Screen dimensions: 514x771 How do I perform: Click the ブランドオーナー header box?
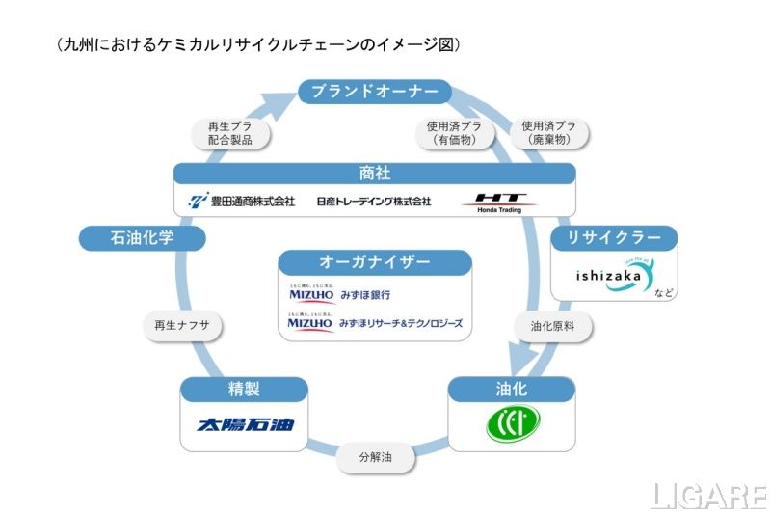point(375,92)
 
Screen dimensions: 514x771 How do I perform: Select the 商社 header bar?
point(375,174)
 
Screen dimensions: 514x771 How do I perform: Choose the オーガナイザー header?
point(375,262)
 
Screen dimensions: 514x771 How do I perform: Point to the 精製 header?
point(244,390)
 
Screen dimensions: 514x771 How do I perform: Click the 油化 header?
point(512,390)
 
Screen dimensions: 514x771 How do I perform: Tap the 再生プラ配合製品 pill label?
point(229,133)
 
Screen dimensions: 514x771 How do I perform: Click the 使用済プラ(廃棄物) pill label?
point(549,133)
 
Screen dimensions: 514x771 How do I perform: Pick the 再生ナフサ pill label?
point(182,326)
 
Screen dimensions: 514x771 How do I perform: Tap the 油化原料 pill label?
point(552,326)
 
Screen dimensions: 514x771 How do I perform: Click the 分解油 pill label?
point(375,455)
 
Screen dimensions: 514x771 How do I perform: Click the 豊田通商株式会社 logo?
point(241,202)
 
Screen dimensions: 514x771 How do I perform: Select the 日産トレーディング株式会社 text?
point(373,202)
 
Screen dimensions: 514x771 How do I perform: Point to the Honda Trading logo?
point(496,202)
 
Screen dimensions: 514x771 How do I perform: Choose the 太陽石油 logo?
point(245,424)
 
